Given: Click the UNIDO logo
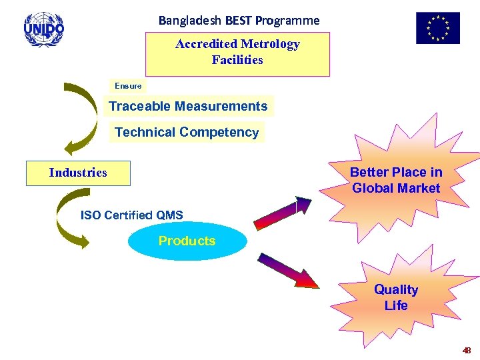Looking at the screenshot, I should tap(44, 29).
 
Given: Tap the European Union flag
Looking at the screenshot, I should tap(438, 29).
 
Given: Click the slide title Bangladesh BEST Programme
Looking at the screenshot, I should tap(239, 21).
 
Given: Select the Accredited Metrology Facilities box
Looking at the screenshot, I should tap(237, 53).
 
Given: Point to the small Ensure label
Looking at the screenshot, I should tap(128, 86).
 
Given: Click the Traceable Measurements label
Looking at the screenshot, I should tap(188, 106).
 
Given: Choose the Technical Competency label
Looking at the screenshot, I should tap(187, 132).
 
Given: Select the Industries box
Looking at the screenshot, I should tap(78, 173).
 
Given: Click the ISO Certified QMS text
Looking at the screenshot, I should tap(131, 215).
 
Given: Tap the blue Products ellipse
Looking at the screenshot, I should tap(187, 241).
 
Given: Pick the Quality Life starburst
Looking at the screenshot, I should tap(396, 297).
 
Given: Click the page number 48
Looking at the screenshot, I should tap(466, 351).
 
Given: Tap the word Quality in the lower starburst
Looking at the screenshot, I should tap(396, 289).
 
